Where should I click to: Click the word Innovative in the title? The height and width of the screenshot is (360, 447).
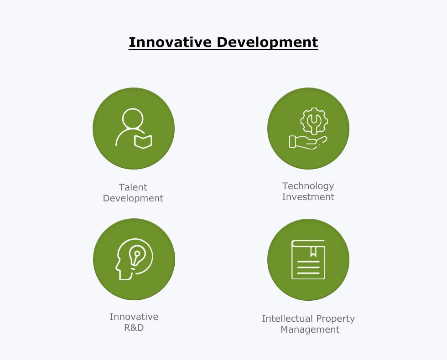point(170,42)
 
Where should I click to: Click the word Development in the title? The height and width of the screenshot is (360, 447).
point(267,43)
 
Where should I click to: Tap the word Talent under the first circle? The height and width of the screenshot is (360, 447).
point(133,187)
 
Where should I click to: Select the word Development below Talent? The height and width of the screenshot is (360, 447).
point(133,199)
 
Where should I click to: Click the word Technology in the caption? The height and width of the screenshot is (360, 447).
point(308,186)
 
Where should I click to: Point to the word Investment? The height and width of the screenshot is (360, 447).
point(308,197)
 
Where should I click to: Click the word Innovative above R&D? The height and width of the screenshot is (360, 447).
point(134,317)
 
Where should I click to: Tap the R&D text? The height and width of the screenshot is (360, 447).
point(134,328)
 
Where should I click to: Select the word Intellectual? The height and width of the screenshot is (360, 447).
point(287,319)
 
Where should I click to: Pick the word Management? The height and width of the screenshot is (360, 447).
point(310,329)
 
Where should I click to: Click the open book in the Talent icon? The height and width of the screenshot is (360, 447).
point(143,142)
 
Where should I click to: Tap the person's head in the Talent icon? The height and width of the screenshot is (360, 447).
point(133,118)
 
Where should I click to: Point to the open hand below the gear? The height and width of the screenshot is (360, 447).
point(308,142)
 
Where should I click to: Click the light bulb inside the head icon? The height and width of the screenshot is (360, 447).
point(137,256)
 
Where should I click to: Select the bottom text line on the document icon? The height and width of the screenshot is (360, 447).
point(308,273)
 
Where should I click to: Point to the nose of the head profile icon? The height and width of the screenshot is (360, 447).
point(117,268)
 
